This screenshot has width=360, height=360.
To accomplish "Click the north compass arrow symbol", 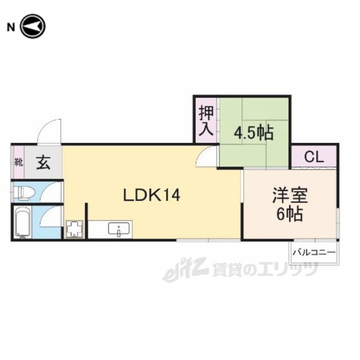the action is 33,26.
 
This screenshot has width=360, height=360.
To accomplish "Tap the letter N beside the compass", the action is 11,28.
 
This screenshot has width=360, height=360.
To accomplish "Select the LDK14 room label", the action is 151,195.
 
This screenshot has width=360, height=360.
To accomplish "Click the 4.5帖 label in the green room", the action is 254,133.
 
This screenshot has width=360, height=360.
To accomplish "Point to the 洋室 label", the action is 290,195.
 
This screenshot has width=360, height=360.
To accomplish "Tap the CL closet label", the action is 314,157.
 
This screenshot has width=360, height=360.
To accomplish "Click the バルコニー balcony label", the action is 314,253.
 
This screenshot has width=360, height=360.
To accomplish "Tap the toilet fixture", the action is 24,192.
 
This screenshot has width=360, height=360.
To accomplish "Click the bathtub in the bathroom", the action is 22,222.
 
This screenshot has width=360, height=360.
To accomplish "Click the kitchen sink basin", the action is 118,228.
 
